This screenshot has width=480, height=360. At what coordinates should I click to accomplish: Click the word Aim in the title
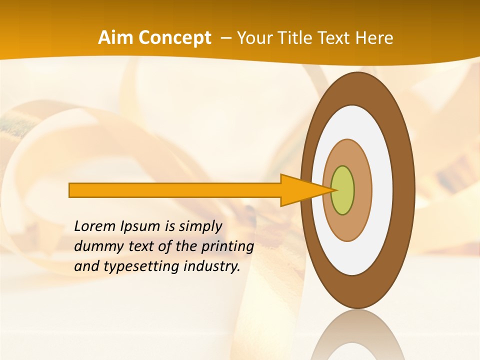(x=116, y=38)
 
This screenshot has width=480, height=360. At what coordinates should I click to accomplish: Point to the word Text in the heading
(x=336, y=38)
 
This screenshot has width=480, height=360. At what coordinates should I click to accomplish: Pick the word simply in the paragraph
(x=200, y=227)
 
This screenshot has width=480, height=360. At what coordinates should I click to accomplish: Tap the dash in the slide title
(x=226, y=38)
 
